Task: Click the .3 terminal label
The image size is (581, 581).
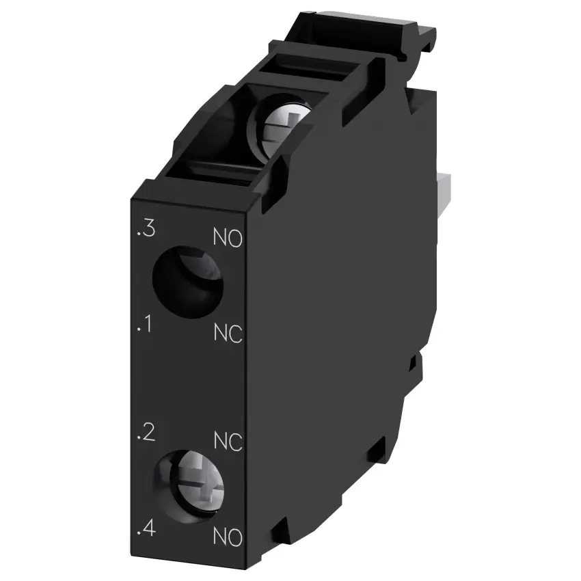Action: coord(146,228)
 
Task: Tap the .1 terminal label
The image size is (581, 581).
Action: coord(144,324)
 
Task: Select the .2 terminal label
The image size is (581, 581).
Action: coord(146,433)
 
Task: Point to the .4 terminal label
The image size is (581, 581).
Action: coord(146,528)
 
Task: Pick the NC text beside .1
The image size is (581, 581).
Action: coord(228,333)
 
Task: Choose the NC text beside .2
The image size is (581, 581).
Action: coord(228,442)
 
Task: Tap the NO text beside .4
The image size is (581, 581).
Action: coord(228,537)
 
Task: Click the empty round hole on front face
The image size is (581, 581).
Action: coord(188,282)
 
